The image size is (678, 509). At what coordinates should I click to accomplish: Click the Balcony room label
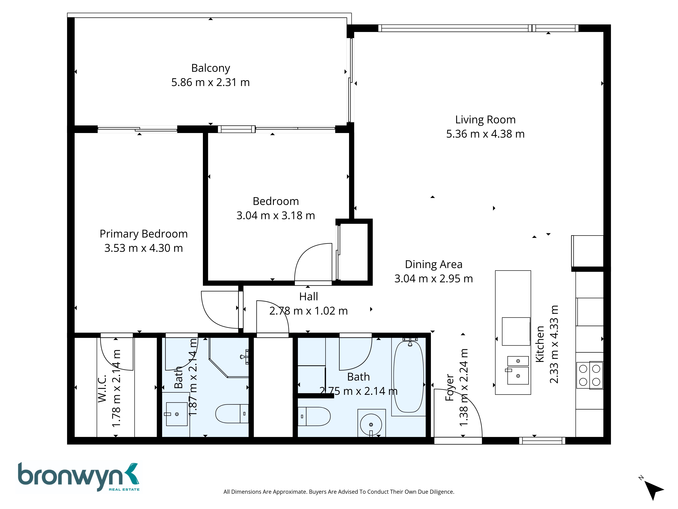tap(211, 68)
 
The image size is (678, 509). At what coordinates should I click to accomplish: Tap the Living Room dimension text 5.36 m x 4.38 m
tap(485, 134)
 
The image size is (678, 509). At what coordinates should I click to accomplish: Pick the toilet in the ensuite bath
tap(232, 414)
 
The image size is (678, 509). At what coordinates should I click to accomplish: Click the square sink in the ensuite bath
tap(177, 414)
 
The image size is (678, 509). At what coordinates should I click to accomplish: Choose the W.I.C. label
tap(102, 388)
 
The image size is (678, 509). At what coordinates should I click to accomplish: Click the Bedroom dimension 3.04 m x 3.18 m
tap(276, 216)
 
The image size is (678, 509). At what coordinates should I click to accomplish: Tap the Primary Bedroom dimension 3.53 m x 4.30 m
tap(143, 248)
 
